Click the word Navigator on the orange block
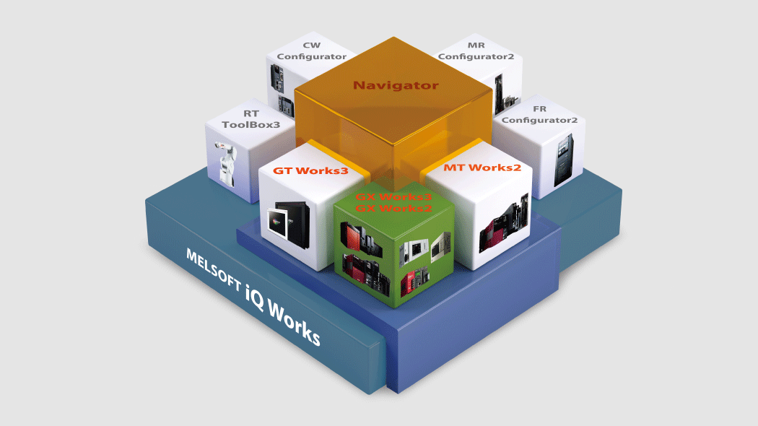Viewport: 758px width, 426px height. (x=395, y=85)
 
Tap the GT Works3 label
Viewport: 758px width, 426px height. (x=310, y=171)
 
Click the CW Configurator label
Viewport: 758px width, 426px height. (x=312, y=51)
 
